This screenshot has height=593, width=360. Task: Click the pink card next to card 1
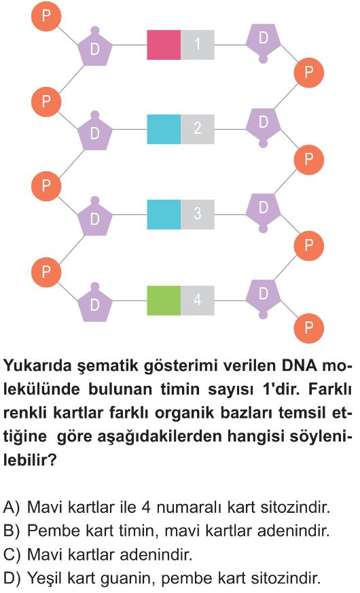pyautogui.click(x=164, y=45)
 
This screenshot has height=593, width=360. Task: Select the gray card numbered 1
pyautogui.click(x=198, y=45)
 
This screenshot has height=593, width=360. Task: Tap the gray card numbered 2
pyautogui.click(x=198, y=129)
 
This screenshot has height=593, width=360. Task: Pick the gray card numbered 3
pyautogui.click(x=198, y=215)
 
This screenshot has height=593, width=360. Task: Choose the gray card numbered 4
pyautogui.click(x=198, y=300)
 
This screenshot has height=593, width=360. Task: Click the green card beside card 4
pyautogui.click(x=164, y=300)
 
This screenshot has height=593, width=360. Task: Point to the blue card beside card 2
pyautogui.click(x=164, y=129)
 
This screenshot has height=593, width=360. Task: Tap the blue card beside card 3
pyautogui.click(x=164, y=215)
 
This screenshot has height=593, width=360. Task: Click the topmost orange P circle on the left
pyautogui.click(x=46, y=16)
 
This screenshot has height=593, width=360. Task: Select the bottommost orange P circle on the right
pyautogui.click(x=309, y=327)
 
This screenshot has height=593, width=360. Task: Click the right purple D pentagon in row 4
pyautogui.click(x=264, y=296)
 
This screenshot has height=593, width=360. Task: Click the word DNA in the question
pyautogui.click(x=301, y=366)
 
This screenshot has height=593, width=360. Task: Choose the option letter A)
pyautogui.click(x=11, y=507)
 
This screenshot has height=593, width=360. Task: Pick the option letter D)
pyautogui.click(x=12, y=578)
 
